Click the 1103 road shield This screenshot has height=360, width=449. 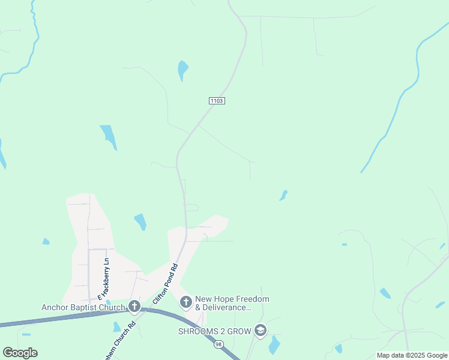tap(217, 101)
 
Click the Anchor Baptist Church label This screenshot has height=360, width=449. tap(83, 308)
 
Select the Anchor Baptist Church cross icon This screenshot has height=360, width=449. tap(134, 307)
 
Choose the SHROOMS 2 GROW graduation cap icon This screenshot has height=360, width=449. tap(261, 331)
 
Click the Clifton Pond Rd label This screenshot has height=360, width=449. tap(166, 283)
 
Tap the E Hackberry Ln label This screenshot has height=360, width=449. tap(101, 278)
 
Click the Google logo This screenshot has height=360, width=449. tap(20, 353)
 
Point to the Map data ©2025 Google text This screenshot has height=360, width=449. tap(412, 355)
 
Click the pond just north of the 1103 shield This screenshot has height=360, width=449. tap(182, 70)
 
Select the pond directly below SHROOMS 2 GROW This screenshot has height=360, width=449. tap(274, 345)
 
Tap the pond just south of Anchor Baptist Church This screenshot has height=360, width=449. tap(116, 327)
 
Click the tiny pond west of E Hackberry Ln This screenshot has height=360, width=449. tap(46, 241)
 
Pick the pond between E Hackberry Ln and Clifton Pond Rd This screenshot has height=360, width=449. tap(140, 221)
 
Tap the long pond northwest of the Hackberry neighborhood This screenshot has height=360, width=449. tap(109, 136)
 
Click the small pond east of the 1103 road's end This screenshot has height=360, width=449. tap(283, 195)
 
